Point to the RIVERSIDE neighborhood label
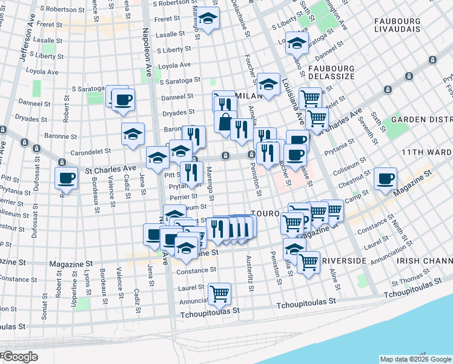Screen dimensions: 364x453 345,260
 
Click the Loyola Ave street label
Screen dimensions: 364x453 174,64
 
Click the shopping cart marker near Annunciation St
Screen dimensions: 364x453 219,294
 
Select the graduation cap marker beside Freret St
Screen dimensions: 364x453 208,19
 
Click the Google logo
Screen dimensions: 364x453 20,357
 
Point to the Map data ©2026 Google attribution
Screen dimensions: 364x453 414,359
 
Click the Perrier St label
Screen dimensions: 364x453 184,197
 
